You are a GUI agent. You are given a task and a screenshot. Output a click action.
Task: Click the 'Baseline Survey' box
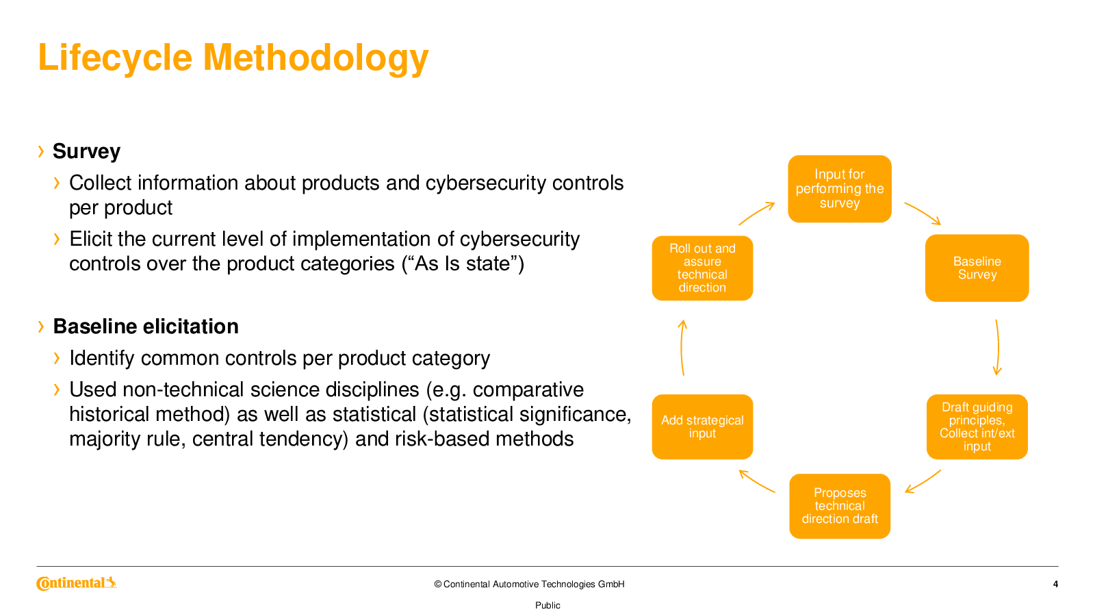click(x=977, y=268)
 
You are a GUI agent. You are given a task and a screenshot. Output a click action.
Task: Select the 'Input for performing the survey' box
click(x=839, y=189)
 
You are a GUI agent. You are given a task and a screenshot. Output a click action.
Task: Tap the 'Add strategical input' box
click(x=702, y=427)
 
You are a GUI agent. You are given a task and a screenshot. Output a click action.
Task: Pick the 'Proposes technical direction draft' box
click(x=839, y=506)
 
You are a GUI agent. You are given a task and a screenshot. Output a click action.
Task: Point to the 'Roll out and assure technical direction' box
click(x=702, y=268)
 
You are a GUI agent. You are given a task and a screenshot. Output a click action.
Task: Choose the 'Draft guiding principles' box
click(x=977, y=427)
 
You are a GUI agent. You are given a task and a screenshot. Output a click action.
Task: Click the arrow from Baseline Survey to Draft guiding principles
click(x=998, y=348)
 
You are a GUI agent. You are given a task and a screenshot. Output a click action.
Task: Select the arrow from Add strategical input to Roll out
click(x=682, y=348)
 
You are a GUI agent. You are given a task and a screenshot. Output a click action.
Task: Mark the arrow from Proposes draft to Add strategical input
click(x=756, y=480)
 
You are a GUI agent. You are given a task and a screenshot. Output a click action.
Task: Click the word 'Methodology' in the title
click(x=315, y=57)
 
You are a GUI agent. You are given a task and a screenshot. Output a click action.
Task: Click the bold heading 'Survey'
click(x=86, y=151)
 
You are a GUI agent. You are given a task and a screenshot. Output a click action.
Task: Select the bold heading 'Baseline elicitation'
click(x=146, y=326)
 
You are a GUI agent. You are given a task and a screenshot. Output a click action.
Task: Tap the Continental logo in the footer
click(x=76, y=582)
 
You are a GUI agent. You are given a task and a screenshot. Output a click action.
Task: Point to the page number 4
click(x=1055, y=585)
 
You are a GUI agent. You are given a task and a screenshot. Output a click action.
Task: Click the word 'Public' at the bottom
click(x=547, y=605)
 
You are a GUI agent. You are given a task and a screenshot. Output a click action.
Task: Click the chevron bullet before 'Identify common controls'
click(x=57, y=359)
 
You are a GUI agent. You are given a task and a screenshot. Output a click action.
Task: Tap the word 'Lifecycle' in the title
click(x=116, y=57)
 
